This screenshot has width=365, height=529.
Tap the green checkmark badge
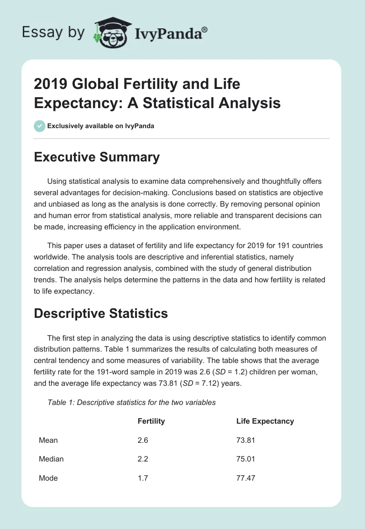(x=40, y=126)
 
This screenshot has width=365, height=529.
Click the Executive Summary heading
(x=97, y=157)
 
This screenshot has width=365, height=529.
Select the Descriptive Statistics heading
(x=101, y=313)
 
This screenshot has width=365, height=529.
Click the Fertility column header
(x=151, y=421)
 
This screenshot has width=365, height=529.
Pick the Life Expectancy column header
(x=265, y=421)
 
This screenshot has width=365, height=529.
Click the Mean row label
(x=48, y=440)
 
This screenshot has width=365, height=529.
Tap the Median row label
(x=51, y=459)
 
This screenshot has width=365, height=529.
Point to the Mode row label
(x=48, y=477)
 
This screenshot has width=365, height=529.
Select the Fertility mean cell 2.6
(x=143, y=440)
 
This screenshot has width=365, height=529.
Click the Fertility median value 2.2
(x=143, y=459)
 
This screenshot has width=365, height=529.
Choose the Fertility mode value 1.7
(x=143, y=477)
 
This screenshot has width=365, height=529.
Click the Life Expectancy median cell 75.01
(x=245, y=459)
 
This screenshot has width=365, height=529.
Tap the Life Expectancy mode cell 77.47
(x=245, y=477)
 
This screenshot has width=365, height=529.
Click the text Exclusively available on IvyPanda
(x=100, y=126)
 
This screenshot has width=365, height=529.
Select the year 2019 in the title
(x=52, y=84)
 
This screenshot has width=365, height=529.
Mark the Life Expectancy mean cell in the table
(x=245, y=440)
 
